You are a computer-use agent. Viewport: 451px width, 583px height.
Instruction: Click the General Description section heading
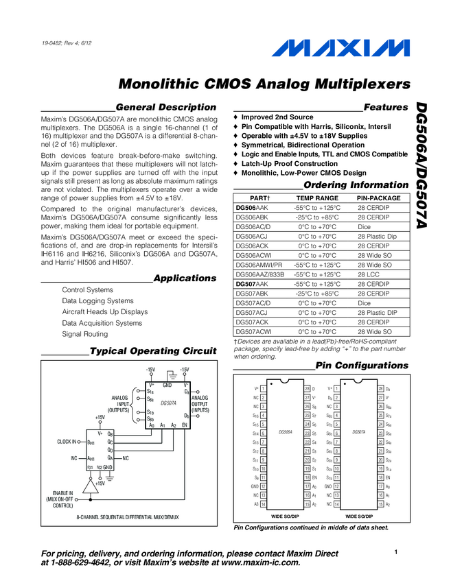(x=165, y=107)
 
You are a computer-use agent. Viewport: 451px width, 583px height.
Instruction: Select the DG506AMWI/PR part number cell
(x=259, y=264)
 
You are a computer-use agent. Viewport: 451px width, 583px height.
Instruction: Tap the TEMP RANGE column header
(x=316, y=198)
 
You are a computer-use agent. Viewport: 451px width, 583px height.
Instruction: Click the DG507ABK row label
(x=251, y=293)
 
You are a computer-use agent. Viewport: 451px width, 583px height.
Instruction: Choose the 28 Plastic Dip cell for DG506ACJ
(x=377, y=235)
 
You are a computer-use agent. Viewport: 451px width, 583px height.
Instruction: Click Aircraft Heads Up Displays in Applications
(x=104, y=312)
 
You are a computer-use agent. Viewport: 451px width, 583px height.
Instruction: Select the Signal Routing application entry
(x=84, y=334)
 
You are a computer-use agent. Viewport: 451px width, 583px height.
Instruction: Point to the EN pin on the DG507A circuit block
(x=184, y=425)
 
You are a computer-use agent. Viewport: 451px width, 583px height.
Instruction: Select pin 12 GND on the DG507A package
(x=337, y=486)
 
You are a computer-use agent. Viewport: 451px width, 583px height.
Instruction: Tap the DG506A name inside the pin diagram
(x=286, y=432)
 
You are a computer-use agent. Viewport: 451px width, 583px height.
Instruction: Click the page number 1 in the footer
(x=396, y=552)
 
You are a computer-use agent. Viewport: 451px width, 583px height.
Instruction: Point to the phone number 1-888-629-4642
(x=82, y=562)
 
